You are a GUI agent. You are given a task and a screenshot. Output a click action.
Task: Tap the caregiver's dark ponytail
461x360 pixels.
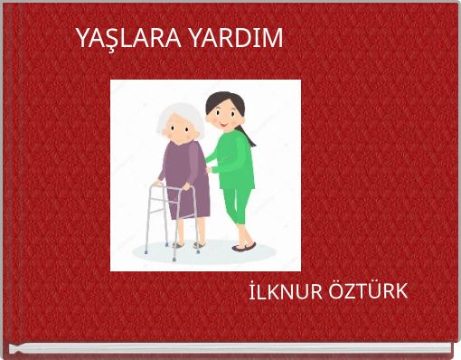click(x=245, y=134)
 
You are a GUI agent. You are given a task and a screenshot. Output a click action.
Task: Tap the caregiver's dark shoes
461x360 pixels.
click(x=244, y=246)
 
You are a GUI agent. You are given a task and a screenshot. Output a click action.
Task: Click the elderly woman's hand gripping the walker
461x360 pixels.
click(x=187, y=185)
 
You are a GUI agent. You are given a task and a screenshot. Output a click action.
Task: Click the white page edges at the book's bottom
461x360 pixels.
click(x=226, y=347)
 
